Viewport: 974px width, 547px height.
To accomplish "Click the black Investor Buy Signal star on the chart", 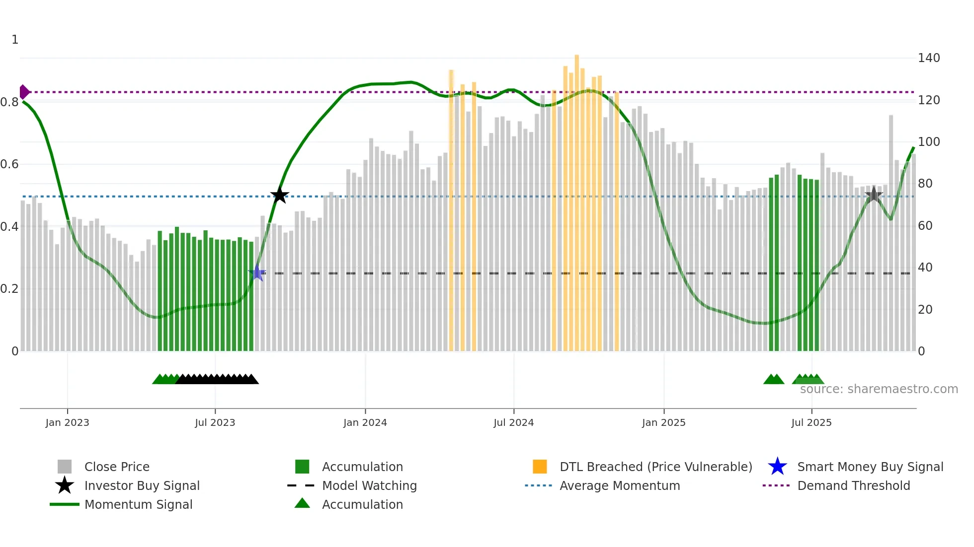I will [280, 195].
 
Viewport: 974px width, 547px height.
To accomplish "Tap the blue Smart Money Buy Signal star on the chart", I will [257, 273].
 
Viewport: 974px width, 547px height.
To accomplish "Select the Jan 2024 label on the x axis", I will [365, 422].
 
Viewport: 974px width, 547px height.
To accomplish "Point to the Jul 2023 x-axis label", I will [215, 422].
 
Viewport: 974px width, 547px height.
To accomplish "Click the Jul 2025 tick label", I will [811, 422].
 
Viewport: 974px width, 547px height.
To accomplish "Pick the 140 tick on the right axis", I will [929, 58].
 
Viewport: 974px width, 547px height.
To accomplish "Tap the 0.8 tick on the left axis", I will [10, 102].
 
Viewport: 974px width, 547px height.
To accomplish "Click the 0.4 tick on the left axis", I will [10, 227].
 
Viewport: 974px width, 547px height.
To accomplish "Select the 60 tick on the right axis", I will [925, 226].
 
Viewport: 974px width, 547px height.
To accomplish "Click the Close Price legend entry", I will [117, 467].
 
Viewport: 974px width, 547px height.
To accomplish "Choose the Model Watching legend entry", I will [369, 485].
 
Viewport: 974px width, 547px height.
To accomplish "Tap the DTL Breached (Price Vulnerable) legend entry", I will [655, 467].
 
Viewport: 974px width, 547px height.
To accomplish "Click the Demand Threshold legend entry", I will [853, 485].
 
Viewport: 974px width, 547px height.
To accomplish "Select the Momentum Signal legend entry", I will [138, 504].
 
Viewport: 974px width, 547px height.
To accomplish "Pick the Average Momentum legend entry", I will [620, 485].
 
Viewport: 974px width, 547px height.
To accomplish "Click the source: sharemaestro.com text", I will [879, 389].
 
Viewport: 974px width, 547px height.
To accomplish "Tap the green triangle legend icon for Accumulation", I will [302, 503].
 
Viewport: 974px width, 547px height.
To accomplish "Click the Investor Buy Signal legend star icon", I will [65, 485].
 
